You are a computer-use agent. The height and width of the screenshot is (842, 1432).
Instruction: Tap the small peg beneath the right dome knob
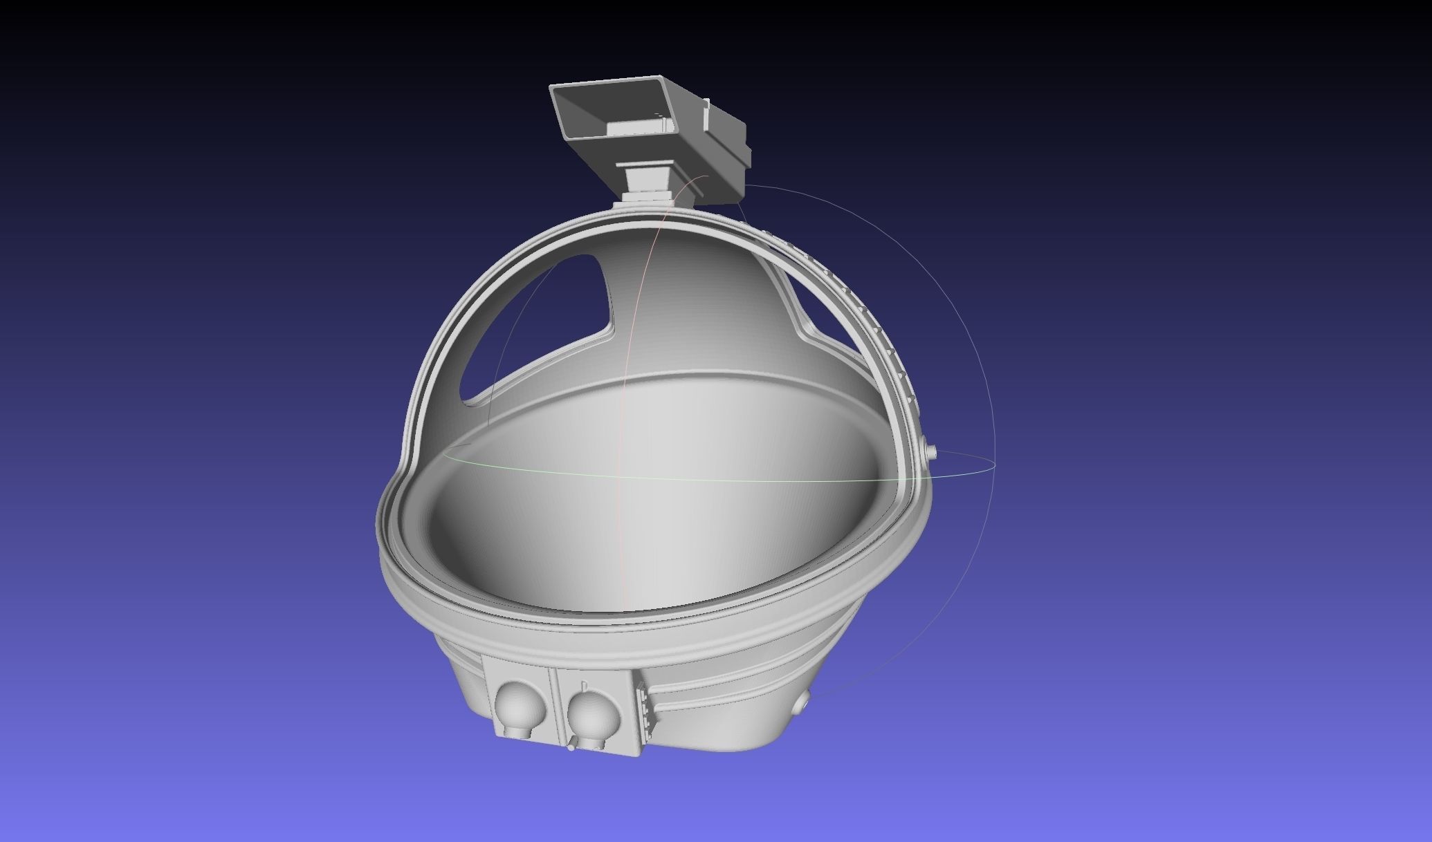[x=572, y=745]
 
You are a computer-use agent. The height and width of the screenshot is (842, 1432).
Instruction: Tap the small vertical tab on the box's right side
[x=706, y=111]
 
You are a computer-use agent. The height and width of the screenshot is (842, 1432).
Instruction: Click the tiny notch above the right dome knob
[x=585, y=685]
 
